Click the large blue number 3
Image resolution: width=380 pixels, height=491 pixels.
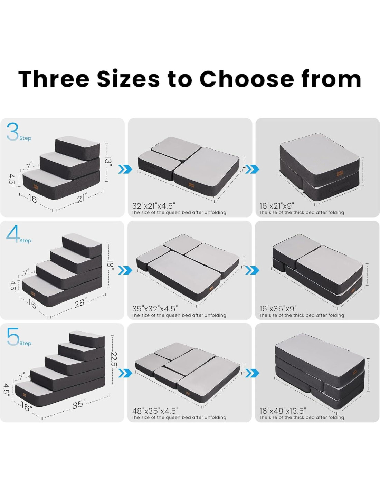point(12,132)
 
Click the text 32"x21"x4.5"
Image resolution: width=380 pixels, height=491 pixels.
point(153,206)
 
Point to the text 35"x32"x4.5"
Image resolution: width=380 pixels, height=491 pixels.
point(155,308)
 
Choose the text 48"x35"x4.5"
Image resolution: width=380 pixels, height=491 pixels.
point(155,411)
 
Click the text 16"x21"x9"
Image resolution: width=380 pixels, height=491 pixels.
point(277,206)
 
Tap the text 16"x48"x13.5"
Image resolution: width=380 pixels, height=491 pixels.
point(283,411)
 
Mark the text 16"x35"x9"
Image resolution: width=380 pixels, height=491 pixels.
point(278,308)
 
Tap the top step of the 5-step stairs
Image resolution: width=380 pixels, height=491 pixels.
point(87,339)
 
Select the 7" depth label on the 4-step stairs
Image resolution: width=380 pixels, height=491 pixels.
point(26,272)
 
